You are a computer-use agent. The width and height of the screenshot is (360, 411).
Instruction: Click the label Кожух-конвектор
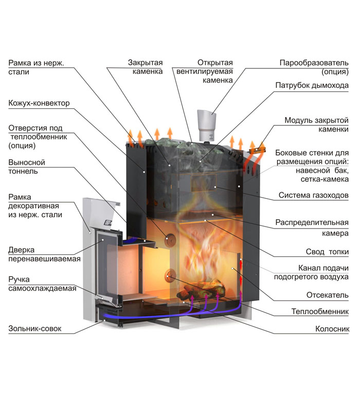click(39, 103)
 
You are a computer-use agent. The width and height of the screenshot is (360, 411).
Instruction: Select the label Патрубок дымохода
click(312, 85)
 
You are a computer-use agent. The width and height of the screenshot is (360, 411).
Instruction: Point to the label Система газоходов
click(314, 195)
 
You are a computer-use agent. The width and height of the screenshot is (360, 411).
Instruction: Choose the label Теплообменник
click(320, 311)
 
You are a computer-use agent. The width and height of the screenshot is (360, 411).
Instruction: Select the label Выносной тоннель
click(27, 167)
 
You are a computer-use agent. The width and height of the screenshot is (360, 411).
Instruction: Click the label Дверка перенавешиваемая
click(44, 254)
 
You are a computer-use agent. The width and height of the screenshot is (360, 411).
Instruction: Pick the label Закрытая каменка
click(146, 67)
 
